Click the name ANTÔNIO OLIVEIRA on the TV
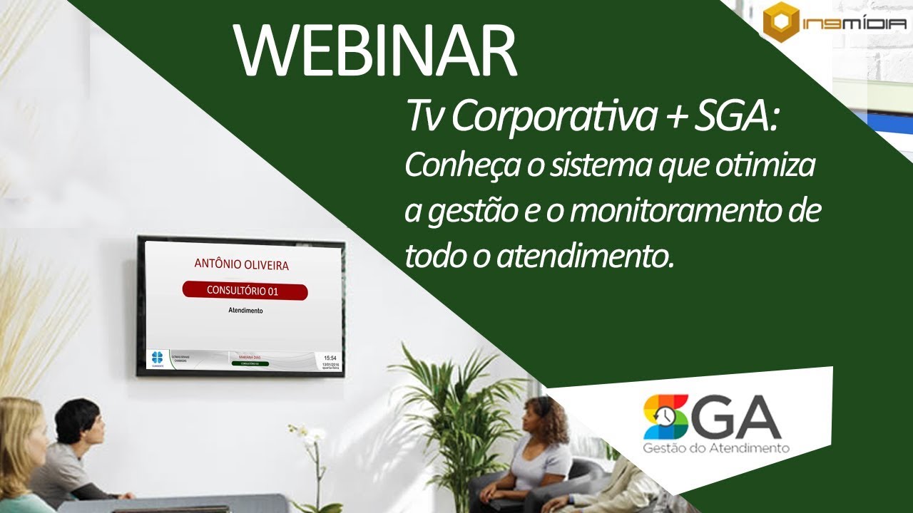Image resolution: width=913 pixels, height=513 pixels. click(242, 264)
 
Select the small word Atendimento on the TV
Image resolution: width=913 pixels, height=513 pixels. click(245, 311)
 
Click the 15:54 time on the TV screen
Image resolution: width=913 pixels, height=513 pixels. click(330, 358)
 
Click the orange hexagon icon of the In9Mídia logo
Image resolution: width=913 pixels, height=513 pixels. click(780, 22)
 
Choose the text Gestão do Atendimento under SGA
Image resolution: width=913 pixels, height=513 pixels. click(715, 448)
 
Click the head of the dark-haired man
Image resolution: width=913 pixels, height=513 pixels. click(78, 420)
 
